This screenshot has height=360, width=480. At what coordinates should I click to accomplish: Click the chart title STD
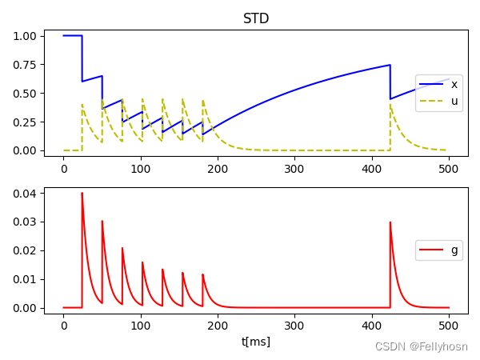(x=256, y=18)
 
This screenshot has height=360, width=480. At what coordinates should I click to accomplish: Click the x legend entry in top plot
(x=454, y=84)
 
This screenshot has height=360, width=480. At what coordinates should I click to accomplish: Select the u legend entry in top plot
(x=454, y=102)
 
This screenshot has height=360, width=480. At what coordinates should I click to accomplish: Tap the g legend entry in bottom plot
(x=454, y=250)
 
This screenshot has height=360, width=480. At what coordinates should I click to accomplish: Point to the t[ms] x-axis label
(x=256, y=342)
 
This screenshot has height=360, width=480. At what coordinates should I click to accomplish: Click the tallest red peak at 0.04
(x=82, y=194)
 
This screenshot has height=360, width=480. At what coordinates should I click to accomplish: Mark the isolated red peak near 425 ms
(x=390, y=223)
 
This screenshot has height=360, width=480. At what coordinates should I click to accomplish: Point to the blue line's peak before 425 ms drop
(x=390, y=66)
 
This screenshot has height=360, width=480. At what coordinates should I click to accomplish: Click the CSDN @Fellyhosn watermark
(x=421, y=346)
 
